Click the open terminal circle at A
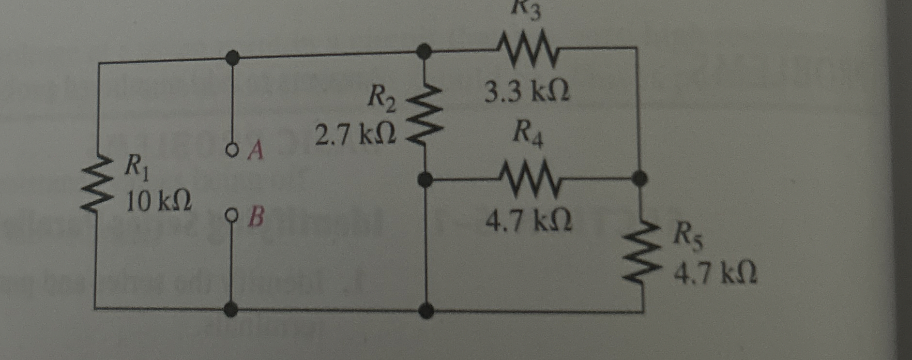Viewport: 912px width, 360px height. pos(232,150)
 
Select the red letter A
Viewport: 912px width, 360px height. pos(256,150)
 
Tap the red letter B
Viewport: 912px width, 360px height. pos(256,216)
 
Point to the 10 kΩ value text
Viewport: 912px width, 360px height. pos(158,201)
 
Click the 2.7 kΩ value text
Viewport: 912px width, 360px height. pos(355,134)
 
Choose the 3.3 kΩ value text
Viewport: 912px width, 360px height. pos(527,91)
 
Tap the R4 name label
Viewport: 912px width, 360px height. pos(528,133)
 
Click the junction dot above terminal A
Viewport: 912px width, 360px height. pos(232,58)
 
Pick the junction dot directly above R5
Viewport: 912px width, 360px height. pos(640,179)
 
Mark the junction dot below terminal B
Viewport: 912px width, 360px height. pos(231,309)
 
